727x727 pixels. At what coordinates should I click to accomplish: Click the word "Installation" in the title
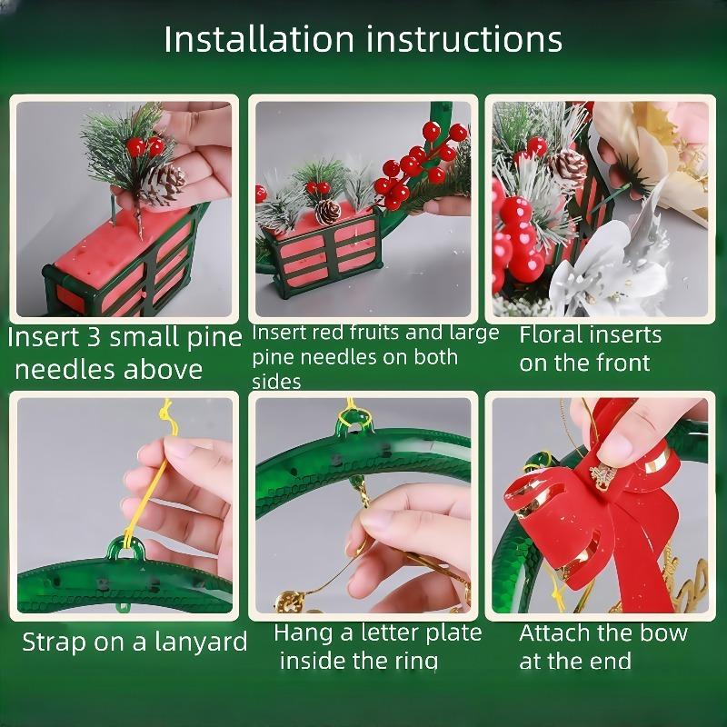(259, 39)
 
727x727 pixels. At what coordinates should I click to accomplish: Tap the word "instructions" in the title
(464, 39)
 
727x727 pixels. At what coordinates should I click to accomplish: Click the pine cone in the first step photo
(164, 184)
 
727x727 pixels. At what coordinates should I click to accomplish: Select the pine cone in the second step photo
(328, 212)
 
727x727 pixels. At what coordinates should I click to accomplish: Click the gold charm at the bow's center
(603, 476)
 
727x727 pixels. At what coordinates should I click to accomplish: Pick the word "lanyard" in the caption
(201, 642)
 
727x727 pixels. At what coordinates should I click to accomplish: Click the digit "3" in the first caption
(95, 337)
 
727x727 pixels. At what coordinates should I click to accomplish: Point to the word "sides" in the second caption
(276, 382)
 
